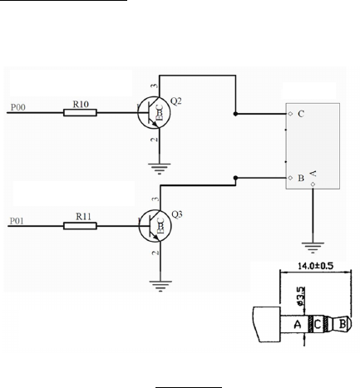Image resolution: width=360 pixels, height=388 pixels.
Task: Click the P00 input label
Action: [x=18, y=107]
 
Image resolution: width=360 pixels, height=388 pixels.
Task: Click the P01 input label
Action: [x=17, y=221]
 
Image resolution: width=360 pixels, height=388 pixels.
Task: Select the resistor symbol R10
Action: [x=80, y=113]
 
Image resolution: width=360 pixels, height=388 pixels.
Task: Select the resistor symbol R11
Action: [x=80, y=226]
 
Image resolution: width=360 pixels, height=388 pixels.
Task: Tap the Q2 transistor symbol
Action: [x=154, y=112]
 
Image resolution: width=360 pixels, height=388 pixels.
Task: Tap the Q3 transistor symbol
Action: [x=155, y=226]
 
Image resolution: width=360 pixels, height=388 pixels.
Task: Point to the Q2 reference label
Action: [x=176, y=101]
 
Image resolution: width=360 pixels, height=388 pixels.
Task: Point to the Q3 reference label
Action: [x=177, y=214]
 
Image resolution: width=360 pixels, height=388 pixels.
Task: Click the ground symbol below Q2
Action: [x=160, y=169]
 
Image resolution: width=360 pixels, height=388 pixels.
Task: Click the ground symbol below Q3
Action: [x=160, y=286]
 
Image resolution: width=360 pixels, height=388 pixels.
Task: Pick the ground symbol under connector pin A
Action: [x=313, y=248]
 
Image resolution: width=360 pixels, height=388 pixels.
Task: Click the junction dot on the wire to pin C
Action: [x=235, y=114]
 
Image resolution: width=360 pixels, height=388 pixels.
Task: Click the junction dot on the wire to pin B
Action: [x=235, y=178]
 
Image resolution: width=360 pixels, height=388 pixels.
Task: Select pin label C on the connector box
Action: [x=301, y=114]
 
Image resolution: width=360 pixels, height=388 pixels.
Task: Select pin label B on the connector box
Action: [x=301, y=178]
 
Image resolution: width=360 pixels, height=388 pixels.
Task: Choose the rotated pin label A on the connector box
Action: [x=313, y=174]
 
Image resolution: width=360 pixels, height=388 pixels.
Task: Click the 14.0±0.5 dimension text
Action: [x=315, y=266]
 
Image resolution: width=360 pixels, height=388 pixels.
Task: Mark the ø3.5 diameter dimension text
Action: [x=301, y=296]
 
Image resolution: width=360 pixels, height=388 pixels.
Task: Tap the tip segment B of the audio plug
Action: [x=343, y=324]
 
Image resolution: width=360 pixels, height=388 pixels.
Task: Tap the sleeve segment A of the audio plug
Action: [x=294, y=324]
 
